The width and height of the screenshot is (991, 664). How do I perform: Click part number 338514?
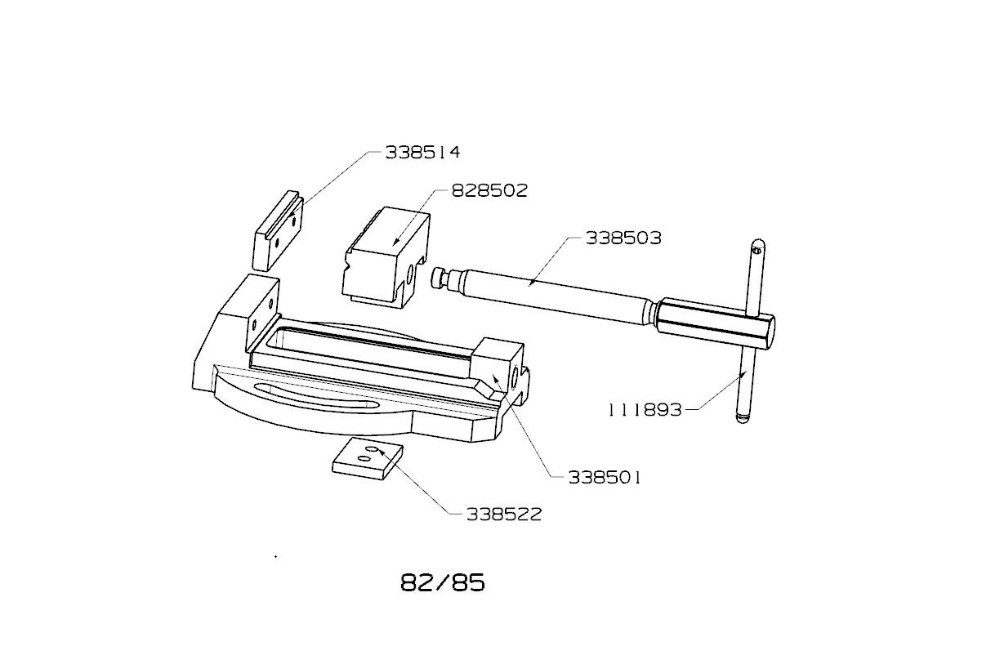pos(422,152)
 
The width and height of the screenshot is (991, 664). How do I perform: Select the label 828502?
pos(489,190)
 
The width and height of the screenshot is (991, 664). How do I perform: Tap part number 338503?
pos(623,238)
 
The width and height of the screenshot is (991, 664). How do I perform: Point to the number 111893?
pos(645,410)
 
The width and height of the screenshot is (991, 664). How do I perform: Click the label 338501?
pos(605,478)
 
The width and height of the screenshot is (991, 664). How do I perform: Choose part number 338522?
pos(504,515)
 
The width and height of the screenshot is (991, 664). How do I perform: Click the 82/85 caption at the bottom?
pos(443,582)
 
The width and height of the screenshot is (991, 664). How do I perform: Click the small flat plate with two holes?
pos(367,458)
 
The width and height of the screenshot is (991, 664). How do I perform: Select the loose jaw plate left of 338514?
pos(279,230)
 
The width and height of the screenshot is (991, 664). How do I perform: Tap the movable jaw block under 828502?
pos(386,257)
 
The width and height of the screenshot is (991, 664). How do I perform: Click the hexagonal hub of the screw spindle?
pos(716,323)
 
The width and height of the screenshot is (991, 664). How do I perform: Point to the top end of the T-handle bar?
pos(759,243)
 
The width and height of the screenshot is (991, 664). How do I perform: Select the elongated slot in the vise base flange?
pos(315,398)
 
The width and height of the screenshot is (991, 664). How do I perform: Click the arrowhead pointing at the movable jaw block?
pos(396,242)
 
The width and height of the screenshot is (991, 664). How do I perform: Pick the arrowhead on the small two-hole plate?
pos(382,452)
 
